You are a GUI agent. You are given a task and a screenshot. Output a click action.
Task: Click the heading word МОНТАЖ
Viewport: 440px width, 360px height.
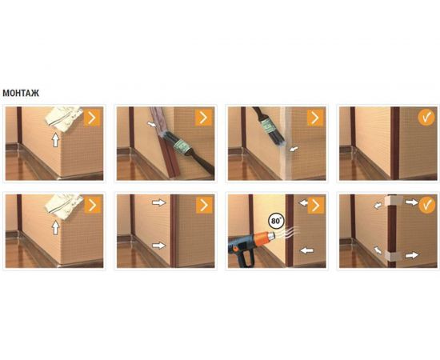21,93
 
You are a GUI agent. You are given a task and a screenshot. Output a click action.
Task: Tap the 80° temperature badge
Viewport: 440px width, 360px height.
276,221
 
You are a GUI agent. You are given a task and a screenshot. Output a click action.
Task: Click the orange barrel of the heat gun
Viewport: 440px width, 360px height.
264,238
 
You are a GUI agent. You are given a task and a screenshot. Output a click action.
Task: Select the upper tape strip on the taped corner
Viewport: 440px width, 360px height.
393,201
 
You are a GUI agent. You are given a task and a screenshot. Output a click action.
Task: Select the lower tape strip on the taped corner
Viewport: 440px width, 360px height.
393,254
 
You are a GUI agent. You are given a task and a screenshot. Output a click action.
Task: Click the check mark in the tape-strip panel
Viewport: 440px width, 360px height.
426,205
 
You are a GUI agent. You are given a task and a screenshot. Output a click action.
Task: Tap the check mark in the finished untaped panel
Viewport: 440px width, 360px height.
426,118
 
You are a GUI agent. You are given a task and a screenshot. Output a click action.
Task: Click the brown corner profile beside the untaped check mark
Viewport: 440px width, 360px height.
395,143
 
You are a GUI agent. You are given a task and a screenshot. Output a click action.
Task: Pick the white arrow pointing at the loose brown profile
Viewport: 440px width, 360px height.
153,124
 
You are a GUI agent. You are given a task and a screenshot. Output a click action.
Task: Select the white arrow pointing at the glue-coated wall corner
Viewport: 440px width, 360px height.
294,149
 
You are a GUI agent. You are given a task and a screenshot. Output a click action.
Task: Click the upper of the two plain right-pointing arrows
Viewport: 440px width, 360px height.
159,202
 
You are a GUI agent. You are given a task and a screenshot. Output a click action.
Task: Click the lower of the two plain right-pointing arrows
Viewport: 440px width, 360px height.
159,246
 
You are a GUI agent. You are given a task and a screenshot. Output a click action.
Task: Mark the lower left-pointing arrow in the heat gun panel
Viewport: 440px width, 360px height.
306,250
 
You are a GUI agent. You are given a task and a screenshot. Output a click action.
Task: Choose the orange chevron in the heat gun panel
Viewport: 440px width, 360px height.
316,206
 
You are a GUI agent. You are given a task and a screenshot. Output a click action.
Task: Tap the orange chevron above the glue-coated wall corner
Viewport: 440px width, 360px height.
315,118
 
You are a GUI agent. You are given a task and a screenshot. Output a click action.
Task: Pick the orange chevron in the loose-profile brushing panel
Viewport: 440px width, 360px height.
204,118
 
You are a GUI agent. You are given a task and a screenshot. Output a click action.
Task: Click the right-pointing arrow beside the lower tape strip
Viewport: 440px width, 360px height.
412,255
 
